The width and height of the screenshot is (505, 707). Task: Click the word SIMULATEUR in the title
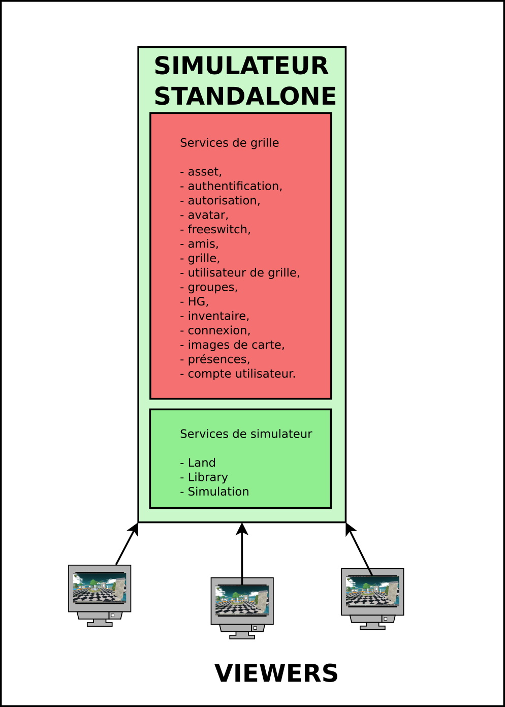click(241, 66)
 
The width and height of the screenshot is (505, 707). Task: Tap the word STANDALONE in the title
click(245, 96)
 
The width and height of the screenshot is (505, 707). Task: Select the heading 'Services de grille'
click(229, 143)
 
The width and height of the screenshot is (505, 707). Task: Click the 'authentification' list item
click(231, 186)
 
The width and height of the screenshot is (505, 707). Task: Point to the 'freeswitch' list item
click(215, 229)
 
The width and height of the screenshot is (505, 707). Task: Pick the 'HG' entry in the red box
click(194, 301)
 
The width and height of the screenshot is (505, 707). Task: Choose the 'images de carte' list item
click(232, 345)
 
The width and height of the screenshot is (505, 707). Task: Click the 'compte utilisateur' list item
click(238, 374)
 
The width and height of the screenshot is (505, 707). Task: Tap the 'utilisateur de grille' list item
click(240, 273)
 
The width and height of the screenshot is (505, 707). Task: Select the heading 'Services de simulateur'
click(246, 434)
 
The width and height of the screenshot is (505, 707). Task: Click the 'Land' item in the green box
click(198, 463)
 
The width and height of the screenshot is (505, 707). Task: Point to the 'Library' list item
click(204, 477)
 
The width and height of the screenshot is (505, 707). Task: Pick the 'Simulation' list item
click(214, 491)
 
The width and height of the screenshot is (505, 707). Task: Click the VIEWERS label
click(276, 673)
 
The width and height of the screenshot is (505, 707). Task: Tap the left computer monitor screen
click(100, 588)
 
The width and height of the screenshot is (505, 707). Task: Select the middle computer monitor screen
click(242, 600)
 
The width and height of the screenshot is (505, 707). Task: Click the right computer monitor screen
click(372, 591)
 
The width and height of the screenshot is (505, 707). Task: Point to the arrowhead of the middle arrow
click(242, 529)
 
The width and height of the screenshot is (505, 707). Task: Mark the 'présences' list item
click(215, 359)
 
